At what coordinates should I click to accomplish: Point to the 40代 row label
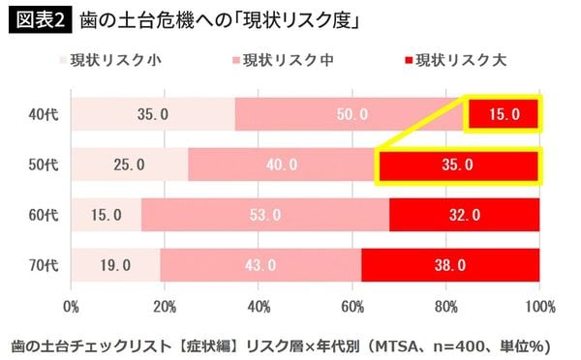pyautogui.click(x=43, y=114)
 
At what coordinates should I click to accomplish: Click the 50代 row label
pyautogui.click(x=43, y=165)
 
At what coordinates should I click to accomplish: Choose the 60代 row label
pyautogui.click(x=43, y=215)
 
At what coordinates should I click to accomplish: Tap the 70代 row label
pyautogui.click(x=43, y=264)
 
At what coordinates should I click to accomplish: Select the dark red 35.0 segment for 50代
pyautogui.click(x=457, y=165)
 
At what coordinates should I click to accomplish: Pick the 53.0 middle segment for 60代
pyautogui.click(x=264, y=215)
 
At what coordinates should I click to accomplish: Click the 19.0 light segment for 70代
pyautogui.click(x=115, y=264)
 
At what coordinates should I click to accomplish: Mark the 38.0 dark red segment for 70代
pyautogui.click(x=450, y=264)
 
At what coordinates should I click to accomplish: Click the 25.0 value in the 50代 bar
pyautogui.click(x=129, y=165)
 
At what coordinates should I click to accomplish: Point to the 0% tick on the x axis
pyautogui.click(x=71, y=307)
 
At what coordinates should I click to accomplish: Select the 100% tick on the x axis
pyautogui.click(x=538, y=307)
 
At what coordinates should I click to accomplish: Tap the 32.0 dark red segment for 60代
pyautogui.click(x=464, y=215)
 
